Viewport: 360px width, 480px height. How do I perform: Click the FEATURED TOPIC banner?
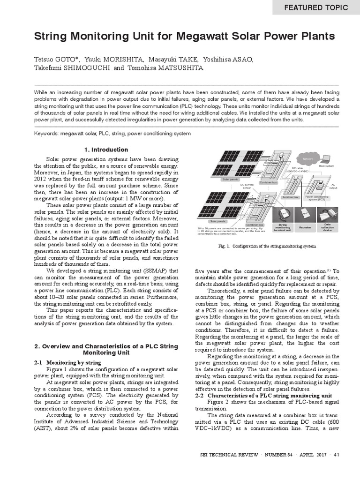click(316, 7)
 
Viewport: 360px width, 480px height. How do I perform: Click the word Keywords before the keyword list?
click(46, 134)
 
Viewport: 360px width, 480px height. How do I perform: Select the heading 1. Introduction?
click(106, 150)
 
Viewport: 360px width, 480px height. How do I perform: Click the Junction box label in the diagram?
click(290, 197)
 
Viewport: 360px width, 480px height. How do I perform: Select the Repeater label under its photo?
click(305, 228)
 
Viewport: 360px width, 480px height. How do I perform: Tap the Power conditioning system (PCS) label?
click(317, 198)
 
